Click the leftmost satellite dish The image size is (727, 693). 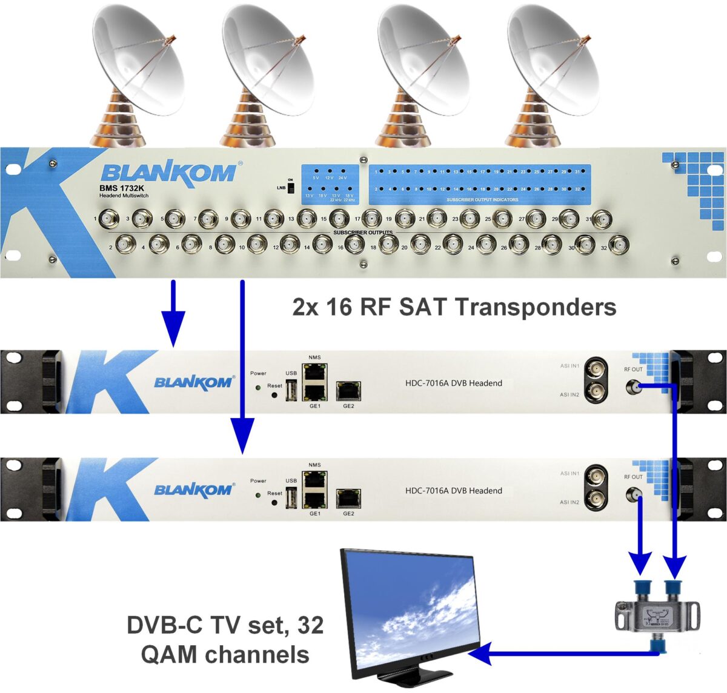pyautogui.click(x=138, y=67)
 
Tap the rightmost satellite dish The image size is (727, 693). pyautogui.click(x=553, y=67)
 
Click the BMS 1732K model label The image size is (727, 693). pyautogui.click(x=122, y=188)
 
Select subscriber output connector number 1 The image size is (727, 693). pyautogui.click(x=109, y=218)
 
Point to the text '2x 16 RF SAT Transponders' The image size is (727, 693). pyautogui.click(x=454, y=307)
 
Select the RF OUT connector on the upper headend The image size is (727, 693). pyautogui.click(x=633, y=386)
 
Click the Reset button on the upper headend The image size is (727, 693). pyautogui.click(x=274, y=395)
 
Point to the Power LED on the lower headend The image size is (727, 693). pyautogui.click(x=258, y=494)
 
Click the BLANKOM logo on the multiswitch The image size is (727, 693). pyautogui.click(x=168, y=172)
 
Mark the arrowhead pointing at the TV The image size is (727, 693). pyautogui.click(x=479, y=654)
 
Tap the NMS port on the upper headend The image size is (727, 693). pyautogui.click(x=315, y=370)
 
